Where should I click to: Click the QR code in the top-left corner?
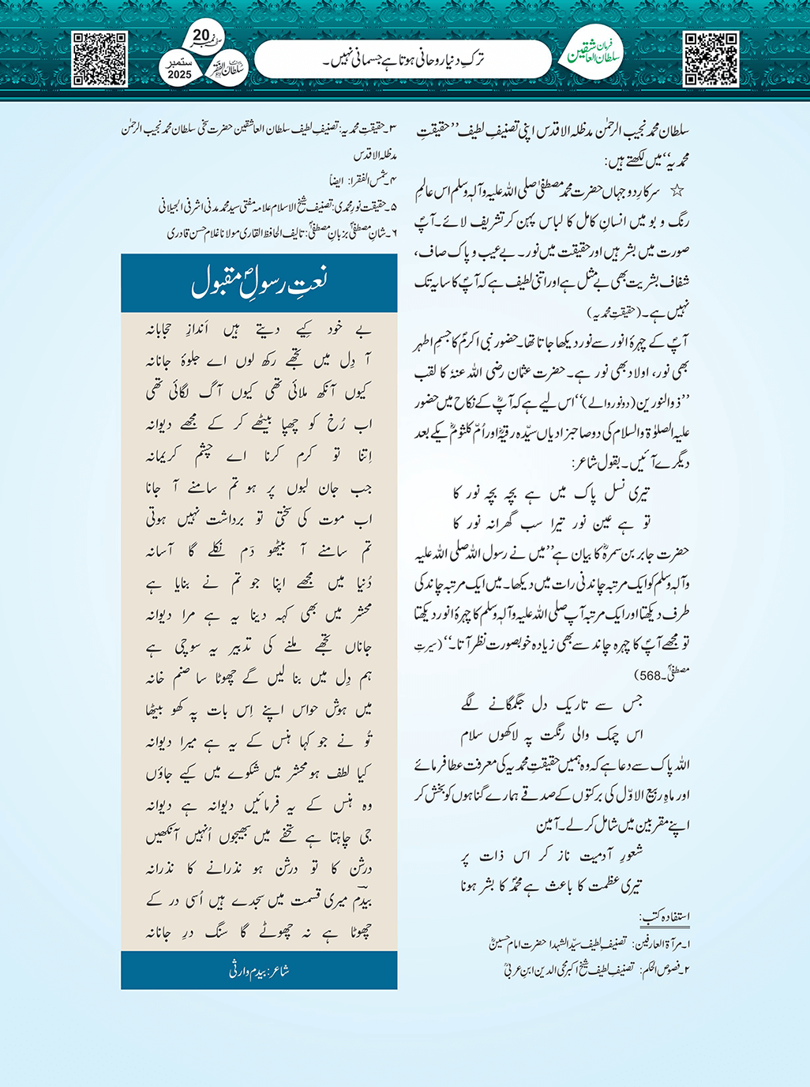click(x=99, y=59)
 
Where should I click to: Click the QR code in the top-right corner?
click(x=711, y=59)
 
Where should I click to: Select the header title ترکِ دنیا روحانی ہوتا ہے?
click(x=403, y=59)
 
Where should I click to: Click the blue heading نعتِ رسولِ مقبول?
click(x=259, y=283)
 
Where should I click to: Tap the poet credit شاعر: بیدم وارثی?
click(x=259, y=971)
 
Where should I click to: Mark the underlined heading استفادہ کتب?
click(x=665, y=916)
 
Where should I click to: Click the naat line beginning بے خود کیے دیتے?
click(x=259, y=329)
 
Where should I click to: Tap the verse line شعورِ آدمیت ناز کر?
click(x=553, y=854)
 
